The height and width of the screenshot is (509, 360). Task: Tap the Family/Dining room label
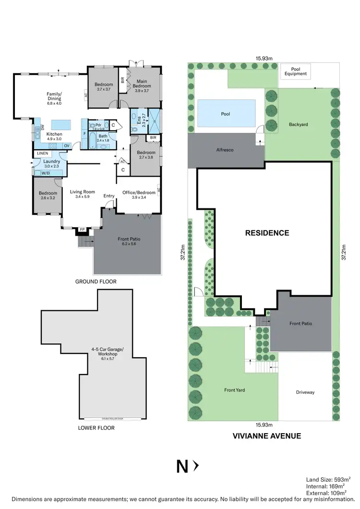click(54, 98)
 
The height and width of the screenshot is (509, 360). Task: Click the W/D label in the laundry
click(45, 173)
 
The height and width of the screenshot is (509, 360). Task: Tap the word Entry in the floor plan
click(109, 195)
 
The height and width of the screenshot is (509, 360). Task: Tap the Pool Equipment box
click(296, 71)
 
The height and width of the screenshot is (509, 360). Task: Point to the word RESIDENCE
click(267, 233)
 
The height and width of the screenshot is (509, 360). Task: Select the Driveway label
click(305, 392)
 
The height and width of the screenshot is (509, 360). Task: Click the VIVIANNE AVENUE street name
click(267, 436)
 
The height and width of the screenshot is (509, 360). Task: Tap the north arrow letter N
click(182, 466)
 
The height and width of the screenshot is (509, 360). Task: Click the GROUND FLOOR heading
click(96, 282)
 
